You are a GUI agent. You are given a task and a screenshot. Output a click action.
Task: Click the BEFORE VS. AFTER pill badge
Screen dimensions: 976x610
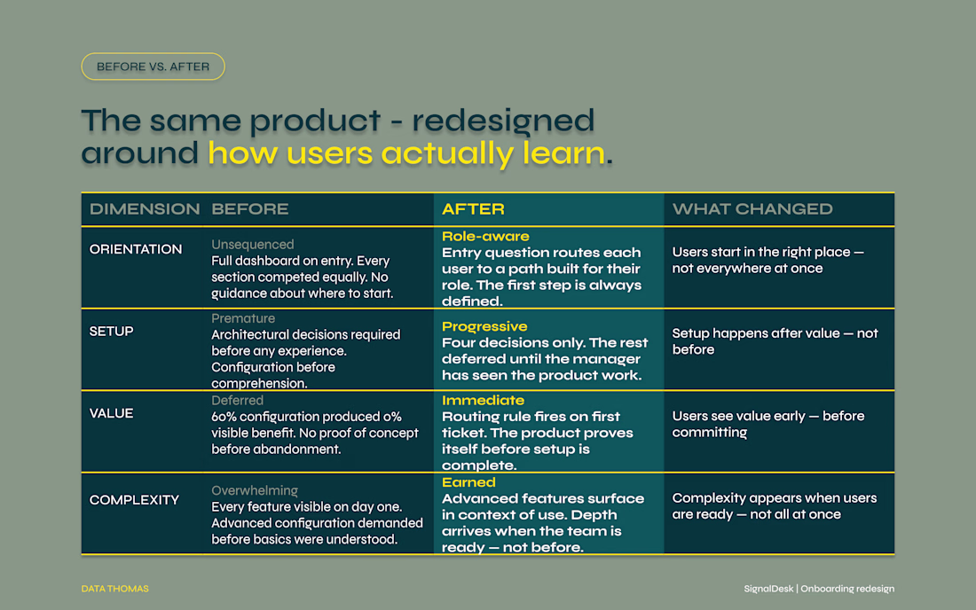pos(153,66)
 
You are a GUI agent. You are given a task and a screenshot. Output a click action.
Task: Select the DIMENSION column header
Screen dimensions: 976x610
pos(145,209)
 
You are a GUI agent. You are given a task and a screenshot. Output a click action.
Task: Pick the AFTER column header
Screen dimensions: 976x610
pos(473,209)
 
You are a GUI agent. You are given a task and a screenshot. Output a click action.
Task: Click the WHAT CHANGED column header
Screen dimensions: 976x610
pos(752,209)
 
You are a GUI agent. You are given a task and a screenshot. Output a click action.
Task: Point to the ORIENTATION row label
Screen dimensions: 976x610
pos(136,249)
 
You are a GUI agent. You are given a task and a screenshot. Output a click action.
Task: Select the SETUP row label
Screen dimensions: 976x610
pos(112,332)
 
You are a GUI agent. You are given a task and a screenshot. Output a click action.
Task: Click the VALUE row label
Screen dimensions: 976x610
pos(112,413)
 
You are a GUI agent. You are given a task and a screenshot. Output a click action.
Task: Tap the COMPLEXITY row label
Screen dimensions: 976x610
pos(134,500)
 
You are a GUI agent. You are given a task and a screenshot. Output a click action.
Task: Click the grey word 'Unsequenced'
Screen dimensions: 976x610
pos(253,245)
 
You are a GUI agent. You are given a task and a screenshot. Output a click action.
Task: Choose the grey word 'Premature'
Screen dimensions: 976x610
pos(243,318)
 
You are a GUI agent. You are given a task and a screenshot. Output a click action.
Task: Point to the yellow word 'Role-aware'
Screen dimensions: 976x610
pos(485,237)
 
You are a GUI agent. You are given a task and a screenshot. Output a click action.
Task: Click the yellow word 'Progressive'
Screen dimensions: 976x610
pos(484,326)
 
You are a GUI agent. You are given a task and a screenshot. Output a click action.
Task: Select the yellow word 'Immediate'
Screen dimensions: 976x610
pos(483,401)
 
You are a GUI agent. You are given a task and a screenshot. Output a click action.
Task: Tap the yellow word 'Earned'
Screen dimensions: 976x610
pos(468,482)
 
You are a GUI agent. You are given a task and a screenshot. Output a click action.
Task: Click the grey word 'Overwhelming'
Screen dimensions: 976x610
pos(255,490)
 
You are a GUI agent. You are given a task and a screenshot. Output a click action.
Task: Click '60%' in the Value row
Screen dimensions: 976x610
pos(224,417)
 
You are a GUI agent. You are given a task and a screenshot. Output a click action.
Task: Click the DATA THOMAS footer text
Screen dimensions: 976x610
pos(115,589)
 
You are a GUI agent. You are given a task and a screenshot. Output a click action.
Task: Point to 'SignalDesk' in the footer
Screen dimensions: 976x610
pos(768,589)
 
